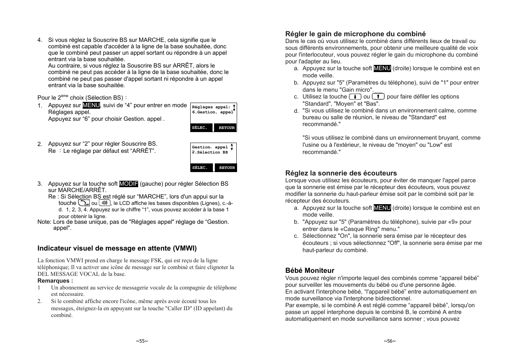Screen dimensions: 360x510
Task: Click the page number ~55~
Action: click(x=142, y=341)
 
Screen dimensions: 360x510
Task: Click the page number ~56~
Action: click(x=390, y=341)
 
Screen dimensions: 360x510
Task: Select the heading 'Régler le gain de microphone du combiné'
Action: click(x=355, y=34)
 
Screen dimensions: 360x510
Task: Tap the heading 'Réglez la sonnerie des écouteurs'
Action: click(x=341, y=173)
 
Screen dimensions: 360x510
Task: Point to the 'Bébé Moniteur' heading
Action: click(x=310, y=271)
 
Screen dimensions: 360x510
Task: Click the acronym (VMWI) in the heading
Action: click(x=185, y=248)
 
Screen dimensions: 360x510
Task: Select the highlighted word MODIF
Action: click(x=129, y=184)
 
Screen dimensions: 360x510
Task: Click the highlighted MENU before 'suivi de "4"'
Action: click(x=91, y=105)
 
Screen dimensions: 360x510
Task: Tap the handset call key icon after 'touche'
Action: click(x=84, y=203)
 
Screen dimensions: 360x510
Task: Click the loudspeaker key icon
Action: click(x=105, y=203)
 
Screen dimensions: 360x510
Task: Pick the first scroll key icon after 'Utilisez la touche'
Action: click(x=355, y=97)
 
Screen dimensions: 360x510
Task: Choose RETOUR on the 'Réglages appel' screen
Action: click(x=226, y=128)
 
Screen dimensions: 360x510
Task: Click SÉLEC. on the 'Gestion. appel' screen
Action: click(x=200, y=168)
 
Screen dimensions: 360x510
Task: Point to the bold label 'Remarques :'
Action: click(x=55, y=281)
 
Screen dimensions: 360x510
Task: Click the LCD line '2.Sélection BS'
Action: click(x=210, y=152)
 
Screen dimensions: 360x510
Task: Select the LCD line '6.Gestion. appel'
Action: click(x=213, y=112)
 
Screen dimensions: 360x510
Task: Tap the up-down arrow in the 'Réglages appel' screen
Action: click(x=234, y=108)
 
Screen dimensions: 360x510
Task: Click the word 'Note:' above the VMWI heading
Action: click(x=44, y=222)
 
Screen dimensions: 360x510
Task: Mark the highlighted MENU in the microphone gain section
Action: click(x=382, y=68)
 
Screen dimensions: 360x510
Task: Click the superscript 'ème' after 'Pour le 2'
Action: click(x=65, y=96)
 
